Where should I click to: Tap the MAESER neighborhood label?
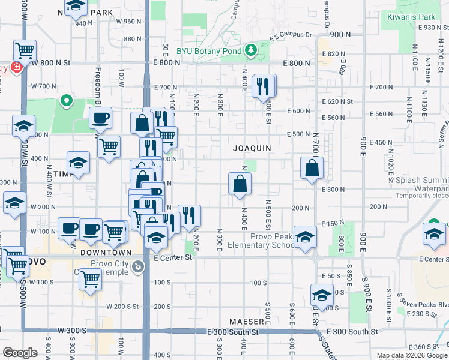tap(246, 322)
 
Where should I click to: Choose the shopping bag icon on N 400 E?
tap(240, 185)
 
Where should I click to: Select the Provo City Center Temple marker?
tap(139, 266)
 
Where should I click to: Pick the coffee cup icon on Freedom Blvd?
tap(100, 118)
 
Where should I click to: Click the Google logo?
tap(20, 353)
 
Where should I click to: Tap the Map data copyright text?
tap(412, 355)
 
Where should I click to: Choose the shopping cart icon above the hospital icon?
tap(25, 50)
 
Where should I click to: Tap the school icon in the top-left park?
tap(75, 6)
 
